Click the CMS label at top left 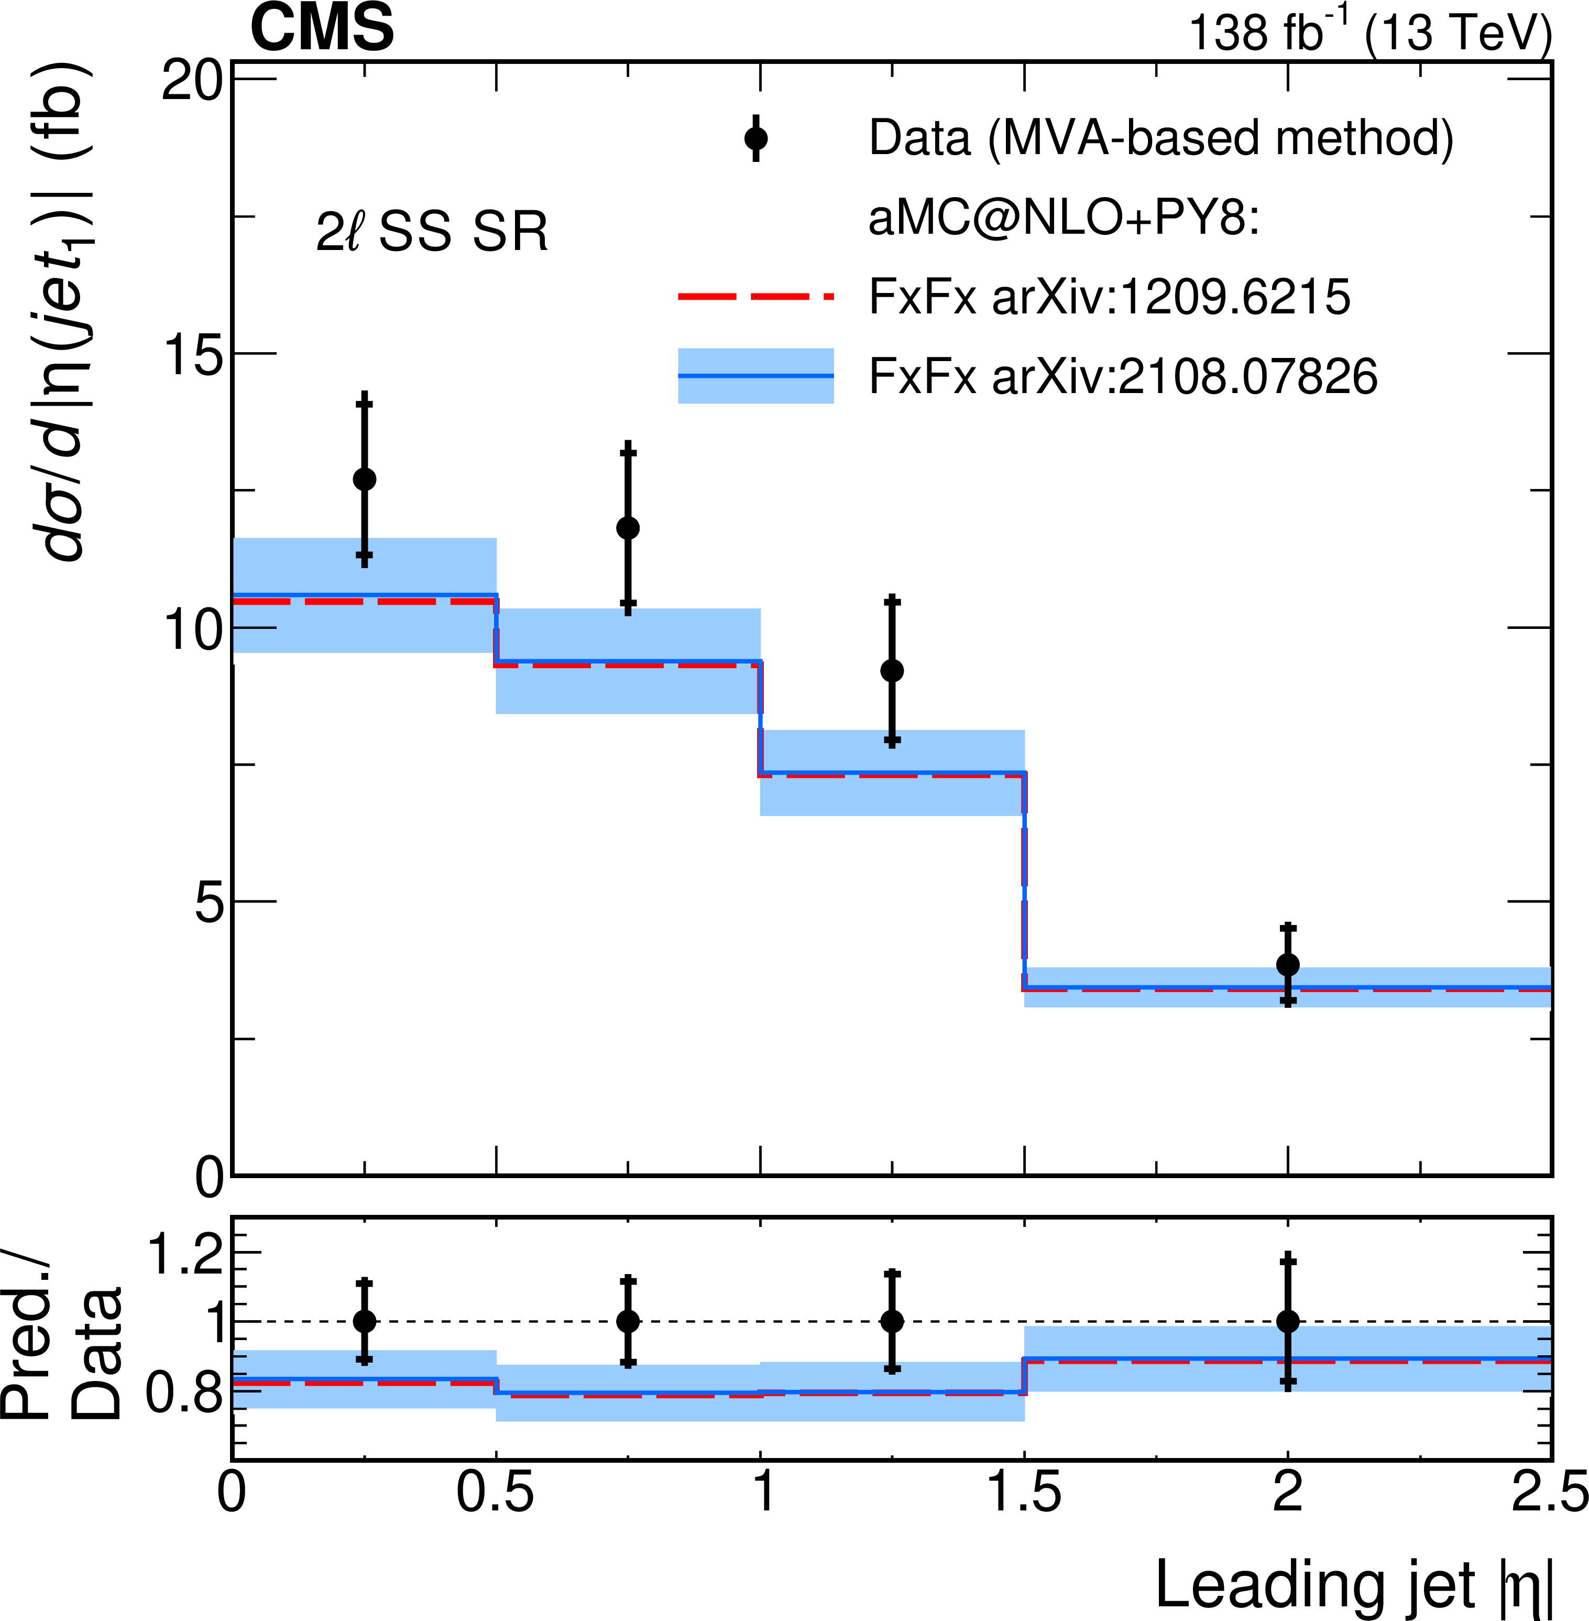click(322, 28)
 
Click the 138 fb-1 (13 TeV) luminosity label click(1368, 34)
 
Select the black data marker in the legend click(756, 138)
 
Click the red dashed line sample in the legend click(756, 296)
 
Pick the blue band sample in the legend click(756, 376)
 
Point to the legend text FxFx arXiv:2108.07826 click(1123, 376)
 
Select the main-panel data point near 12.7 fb click(365, 479)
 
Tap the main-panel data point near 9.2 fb click(892, 670)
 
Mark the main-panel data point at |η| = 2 click(1288, 965)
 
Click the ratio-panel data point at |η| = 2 click(1288, 1321)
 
